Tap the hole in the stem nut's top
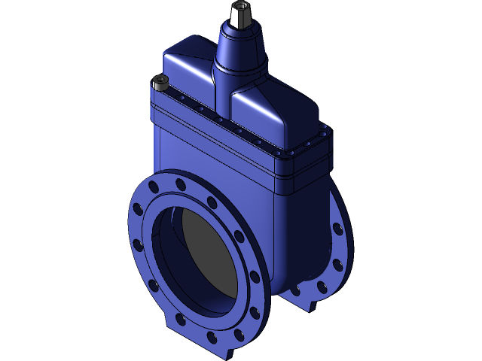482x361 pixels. click(241, 6)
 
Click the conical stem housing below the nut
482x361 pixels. click(242, 49)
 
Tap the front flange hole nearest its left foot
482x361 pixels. click(181, 320)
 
